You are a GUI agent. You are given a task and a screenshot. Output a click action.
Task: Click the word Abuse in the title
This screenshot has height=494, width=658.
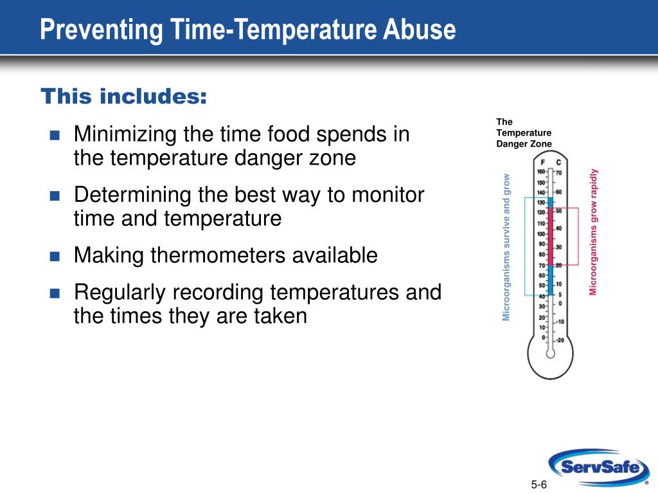click(419, 30)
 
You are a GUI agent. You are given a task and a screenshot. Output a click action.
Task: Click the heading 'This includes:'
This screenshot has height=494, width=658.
click(124, 96)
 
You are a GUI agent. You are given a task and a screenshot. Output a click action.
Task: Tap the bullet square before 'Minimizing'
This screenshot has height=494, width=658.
click(55, 135)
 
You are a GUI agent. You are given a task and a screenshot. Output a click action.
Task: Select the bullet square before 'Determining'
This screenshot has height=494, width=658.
click(55, 196)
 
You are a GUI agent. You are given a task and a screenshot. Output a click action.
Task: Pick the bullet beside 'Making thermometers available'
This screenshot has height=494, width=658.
click(55, 256)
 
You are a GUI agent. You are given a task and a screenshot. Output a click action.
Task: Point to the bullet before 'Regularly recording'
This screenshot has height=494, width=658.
click(55, 293)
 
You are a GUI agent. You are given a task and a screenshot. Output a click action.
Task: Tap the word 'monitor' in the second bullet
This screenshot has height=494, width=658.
click(387, 195)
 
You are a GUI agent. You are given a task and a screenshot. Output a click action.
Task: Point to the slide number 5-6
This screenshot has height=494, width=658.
click(539, 484)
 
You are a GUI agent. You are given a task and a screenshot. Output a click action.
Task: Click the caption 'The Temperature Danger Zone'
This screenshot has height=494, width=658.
click(524, 133)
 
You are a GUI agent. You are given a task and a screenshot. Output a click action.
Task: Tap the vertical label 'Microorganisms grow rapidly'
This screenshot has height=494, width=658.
click(593, 232)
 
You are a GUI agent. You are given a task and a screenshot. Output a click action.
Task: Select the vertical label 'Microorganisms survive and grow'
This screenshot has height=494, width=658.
click(506, 248)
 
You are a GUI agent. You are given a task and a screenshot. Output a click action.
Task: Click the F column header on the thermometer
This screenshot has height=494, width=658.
click(542, 163)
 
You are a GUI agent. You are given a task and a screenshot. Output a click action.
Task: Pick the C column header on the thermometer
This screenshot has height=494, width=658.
click(558, 163)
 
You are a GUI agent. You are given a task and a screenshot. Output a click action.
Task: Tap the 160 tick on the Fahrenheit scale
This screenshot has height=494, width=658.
click(541, 172)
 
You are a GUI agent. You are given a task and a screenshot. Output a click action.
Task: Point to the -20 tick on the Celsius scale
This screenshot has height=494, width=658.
click(560, 340)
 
